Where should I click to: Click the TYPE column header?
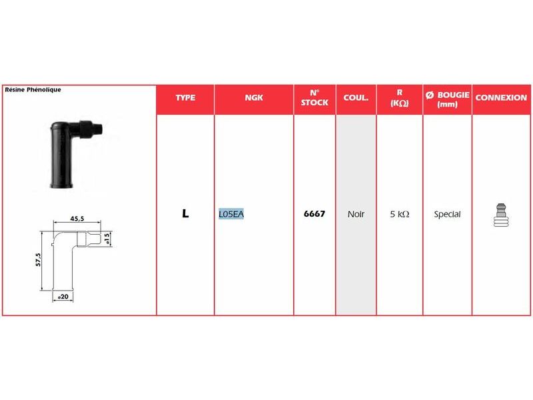(x=185, y=98)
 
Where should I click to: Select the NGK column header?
(x=254, y=98)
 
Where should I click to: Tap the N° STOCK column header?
(x=314, y=98)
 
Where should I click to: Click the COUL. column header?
(x=356, y=98)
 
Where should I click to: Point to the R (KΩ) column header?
(x=399, y=99)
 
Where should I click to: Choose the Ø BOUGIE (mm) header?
(x=447, y=99)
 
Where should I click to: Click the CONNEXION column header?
(x=501, y=98)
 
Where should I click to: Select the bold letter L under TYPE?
(x=185, y=215)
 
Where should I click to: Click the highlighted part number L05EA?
(x=232, y=215)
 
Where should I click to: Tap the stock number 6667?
(x=314, y=215)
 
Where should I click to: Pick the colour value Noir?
(x=356, y=215)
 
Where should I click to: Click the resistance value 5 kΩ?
(x=399, y=215)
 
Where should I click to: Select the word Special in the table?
(x=447, y=215)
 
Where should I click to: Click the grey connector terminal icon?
(x=500, y=215)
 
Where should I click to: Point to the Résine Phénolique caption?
(x=33, y=89)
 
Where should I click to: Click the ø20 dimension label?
(x=64, y=296)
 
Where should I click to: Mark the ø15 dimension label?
(x=107, y=239)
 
